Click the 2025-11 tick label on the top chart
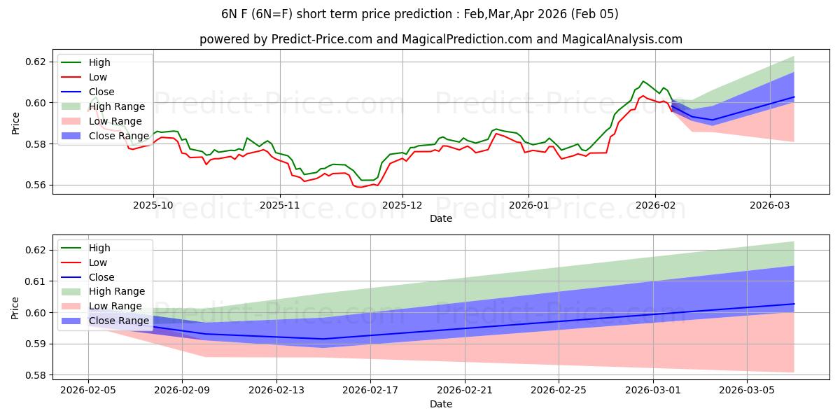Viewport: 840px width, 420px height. point(280,206)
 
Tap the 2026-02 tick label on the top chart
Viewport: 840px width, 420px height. point(655,206)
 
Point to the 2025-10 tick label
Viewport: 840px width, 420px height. point(153,206)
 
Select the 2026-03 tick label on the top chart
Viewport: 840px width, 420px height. point(770,206)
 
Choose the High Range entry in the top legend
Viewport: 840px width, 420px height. point(117,106)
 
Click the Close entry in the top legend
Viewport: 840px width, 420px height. point(101,92)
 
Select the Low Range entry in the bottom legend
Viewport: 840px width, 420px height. point(116,306)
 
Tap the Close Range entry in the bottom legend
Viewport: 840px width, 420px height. point(119,321)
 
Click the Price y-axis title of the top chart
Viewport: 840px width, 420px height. point(15,123)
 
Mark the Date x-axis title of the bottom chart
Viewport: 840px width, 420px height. point(441,404)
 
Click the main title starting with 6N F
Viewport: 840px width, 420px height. point(419,14)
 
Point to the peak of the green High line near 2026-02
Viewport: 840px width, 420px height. point(643,81)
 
